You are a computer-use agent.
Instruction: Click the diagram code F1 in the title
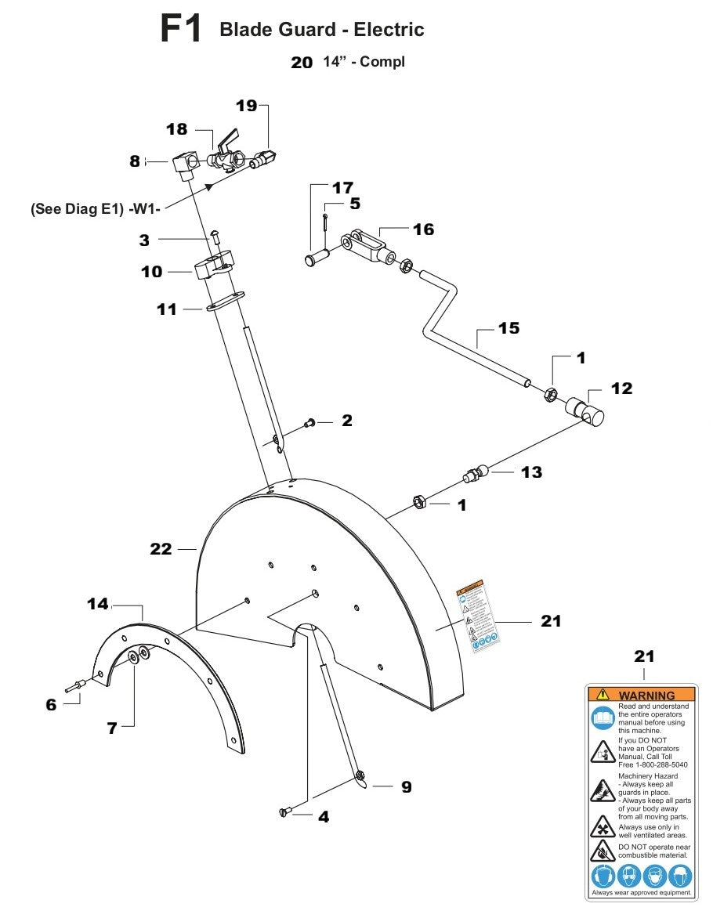point(181,30)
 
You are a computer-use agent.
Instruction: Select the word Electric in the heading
point(389,30)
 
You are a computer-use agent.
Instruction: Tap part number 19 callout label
point(247,106)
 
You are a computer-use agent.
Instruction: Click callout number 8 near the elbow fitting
point(135,161)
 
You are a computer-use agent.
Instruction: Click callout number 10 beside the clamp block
point(151,272)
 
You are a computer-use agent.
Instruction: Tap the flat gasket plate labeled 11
point(226,302)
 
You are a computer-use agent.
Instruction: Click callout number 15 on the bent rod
point(509,328)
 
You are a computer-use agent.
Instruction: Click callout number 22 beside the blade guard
point(161,550)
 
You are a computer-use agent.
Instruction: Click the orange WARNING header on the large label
point(641,695)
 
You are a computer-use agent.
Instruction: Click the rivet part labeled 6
point(77,687)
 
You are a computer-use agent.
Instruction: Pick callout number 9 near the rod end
point(406,787)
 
